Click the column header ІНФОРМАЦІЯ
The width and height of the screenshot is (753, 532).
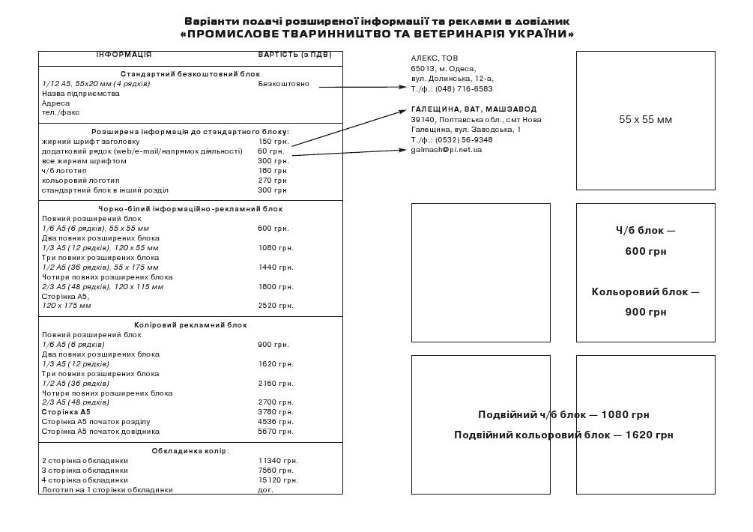pos(124,55)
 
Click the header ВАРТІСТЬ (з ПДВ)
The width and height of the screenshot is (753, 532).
pos(294,55)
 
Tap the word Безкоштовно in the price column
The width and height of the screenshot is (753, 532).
pos(283,84)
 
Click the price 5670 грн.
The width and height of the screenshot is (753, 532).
pos(276,432)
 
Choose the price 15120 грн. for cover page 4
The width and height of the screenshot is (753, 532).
pos(278,480)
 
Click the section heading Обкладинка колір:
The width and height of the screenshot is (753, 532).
pos(190,451)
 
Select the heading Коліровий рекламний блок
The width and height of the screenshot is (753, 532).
pos(190,325)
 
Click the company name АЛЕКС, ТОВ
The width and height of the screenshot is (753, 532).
pos(435,58)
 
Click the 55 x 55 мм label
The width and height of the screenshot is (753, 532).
pos(645,120)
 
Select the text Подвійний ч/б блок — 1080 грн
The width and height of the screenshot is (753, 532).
pos(563,415)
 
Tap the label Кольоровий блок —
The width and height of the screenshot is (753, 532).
pos(645,292)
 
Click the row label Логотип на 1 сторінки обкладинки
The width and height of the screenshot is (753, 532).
pos(107,490)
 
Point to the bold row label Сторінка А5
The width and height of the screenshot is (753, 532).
pos(66,412)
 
